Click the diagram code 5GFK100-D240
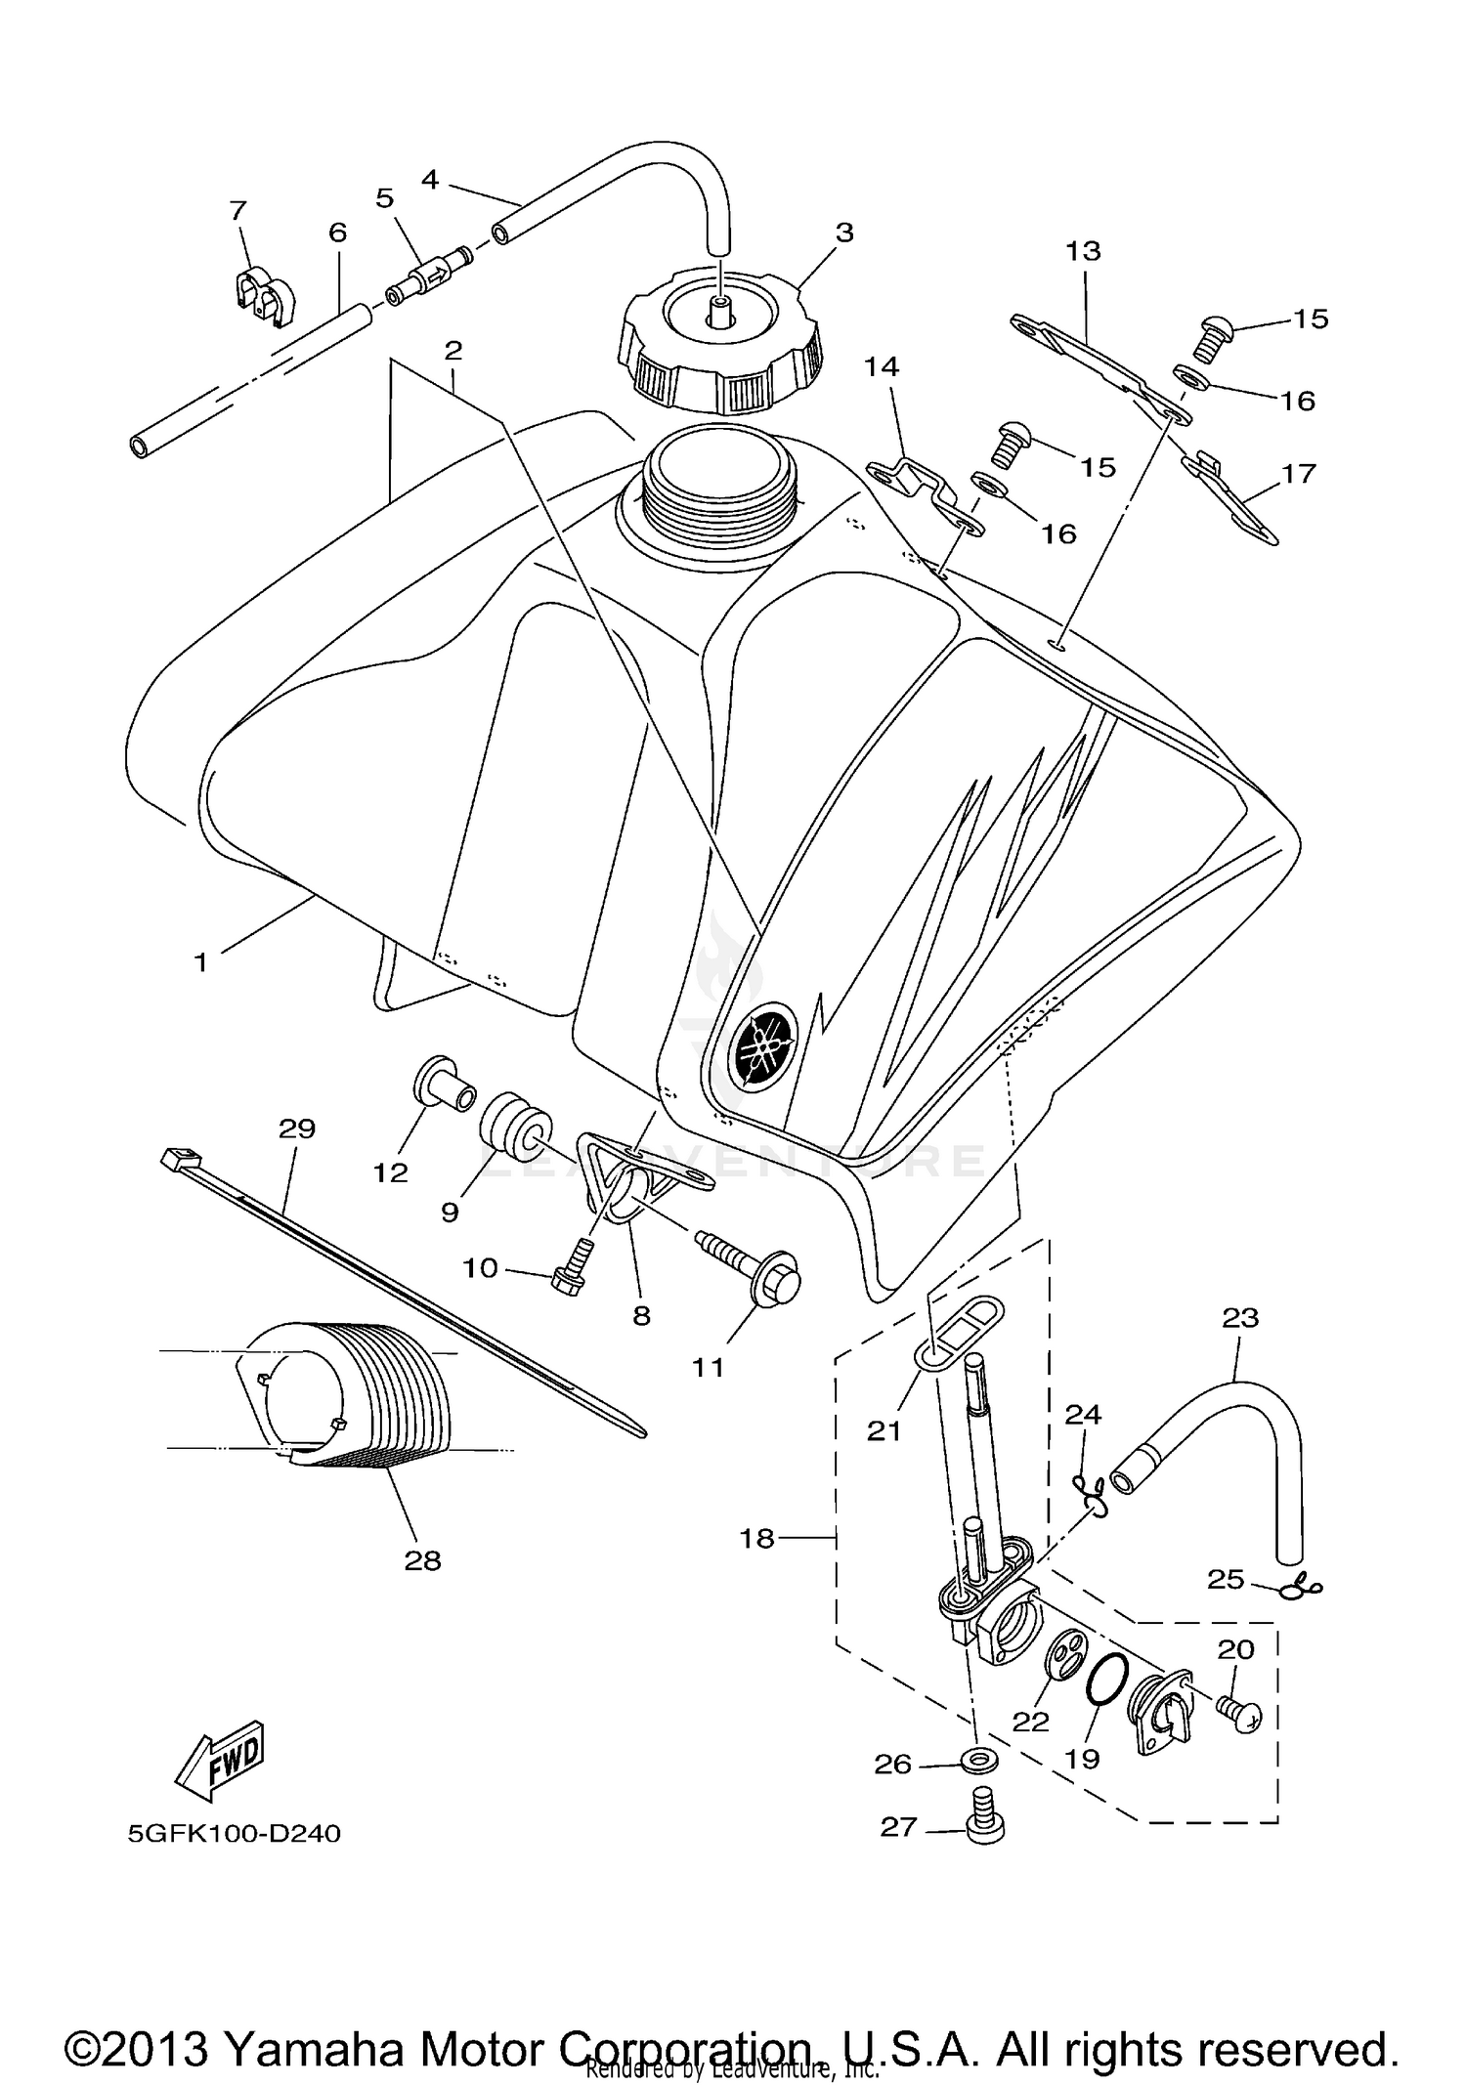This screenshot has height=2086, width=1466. point(235,1834)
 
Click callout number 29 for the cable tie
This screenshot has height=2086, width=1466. point(297,1128)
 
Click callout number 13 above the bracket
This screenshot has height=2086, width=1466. point(1082,251)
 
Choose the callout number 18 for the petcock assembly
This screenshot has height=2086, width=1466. point(756,1539)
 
